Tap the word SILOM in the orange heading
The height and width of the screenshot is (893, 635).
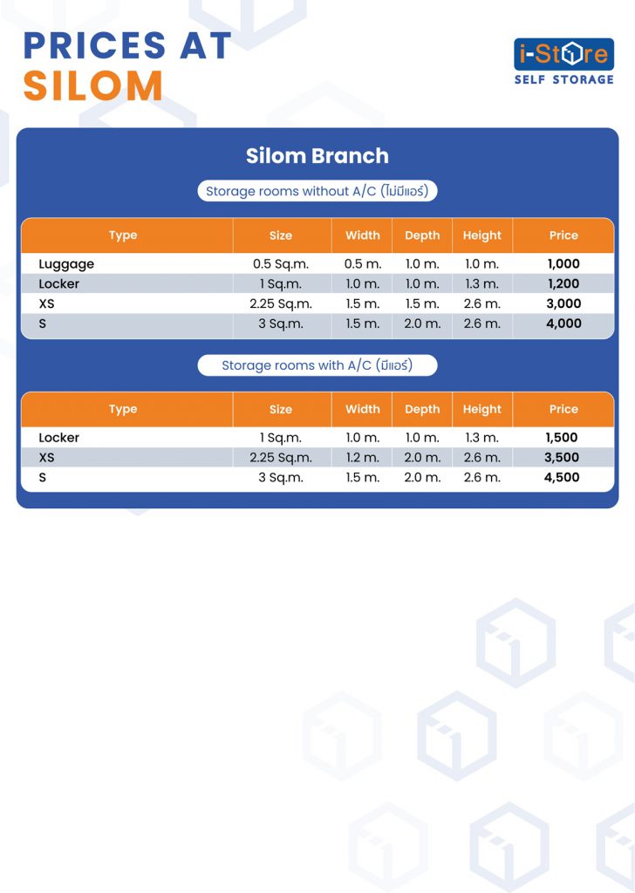pyautogui.click(x=93, y=86)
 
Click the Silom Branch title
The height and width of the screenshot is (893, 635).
pyautogui.click(x=317, y=155)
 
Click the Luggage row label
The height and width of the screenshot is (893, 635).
pyautogui.click(x=66, y=264)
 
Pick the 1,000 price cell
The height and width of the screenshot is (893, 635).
pyautogui.click(x=563, y=263)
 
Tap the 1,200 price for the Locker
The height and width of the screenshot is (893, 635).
pyautogui.click(x=563, y=283)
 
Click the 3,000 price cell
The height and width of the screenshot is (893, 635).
pyautogui.click(x=563, y=303)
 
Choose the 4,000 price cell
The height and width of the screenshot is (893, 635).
pyautogui.click(x=563, y=324)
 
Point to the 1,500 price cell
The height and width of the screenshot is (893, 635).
pyautogui.click(x=562, y=438)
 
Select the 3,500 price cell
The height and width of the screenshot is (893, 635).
pyautogui.click(x=562, y=457)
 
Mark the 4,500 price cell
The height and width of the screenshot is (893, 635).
pyautogui.click(x=562, y=477)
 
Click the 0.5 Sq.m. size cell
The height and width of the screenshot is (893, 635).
pyautogui.click(x=281, y=264)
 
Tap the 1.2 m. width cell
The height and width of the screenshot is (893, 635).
pyautogui.click(x=363, y=457)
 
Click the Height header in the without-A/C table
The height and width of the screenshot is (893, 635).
pyautogui.click(x=481, y=235)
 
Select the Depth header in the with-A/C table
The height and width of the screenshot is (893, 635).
pyautogui.click(x=422, y=410)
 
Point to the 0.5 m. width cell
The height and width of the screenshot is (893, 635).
pyautogui.click(x=363, y=263)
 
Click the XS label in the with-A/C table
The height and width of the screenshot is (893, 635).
pyautogui.click(x=47, y=457)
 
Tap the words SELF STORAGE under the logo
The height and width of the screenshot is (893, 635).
pyautogui.click(x=563, y=79)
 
